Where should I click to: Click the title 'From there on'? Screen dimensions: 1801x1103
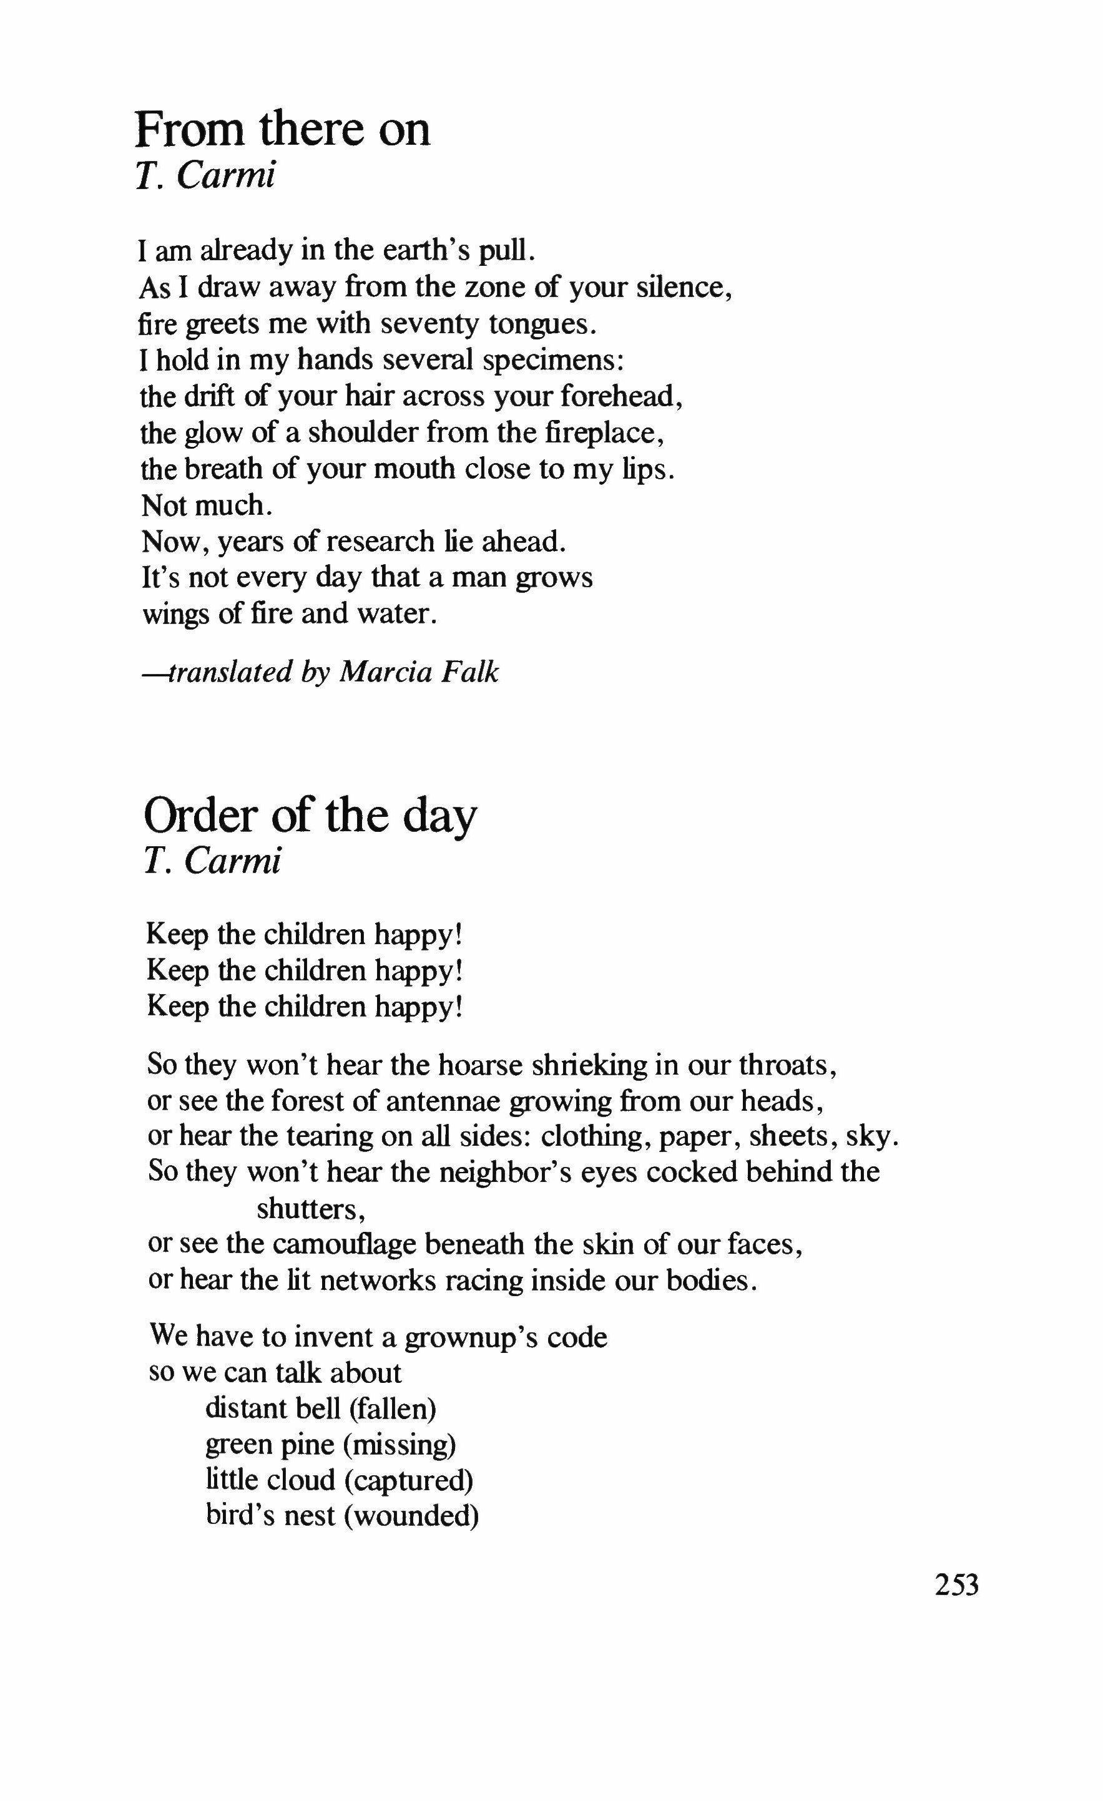(x=282, y=130)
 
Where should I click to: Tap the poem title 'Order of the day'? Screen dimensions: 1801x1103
(x=310, y=816)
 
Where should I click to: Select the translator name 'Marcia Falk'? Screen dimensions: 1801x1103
(x=419, y=671)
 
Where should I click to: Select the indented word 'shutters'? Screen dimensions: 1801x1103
(x=310, y=1209)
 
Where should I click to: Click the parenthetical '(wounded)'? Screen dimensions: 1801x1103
(x=411, y=1516)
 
